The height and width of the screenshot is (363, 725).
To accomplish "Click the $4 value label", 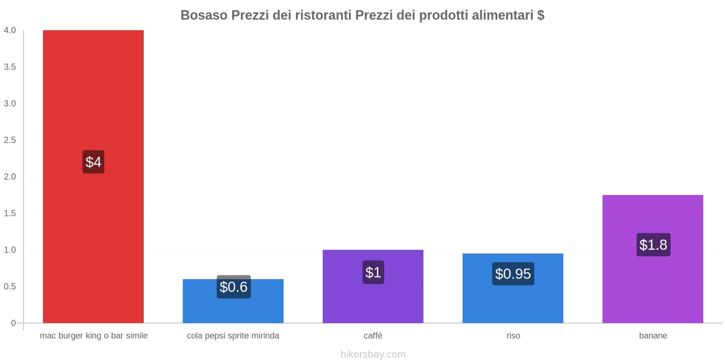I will pos(93,162).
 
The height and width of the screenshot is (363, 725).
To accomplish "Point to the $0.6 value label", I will pos(233,287).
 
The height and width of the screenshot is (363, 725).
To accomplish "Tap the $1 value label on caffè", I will pos(373,272).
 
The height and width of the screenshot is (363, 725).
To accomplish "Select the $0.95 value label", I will pos(513,274).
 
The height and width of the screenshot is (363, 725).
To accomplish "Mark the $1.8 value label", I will pos(653,245).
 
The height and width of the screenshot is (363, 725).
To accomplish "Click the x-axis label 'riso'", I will pos(513,336).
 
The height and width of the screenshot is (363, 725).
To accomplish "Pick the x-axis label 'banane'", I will pos(653,336).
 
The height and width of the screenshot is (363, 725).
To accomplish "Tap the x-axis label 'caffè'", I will pos(373,336).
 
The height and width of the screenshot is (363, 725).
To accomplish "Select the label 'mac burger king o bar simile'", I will pos(93,336).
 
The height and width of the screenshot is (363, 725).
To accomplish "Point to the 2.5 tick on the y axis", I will pos(10,140).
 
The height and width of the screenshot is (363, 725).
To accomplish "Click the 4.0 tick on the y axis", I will pos(10,30).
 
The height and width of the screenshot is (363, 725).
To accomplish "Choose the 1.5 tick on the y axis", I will pos(10,213).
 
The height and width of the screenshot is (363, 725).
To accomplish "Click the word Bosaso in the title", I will pos(204,15).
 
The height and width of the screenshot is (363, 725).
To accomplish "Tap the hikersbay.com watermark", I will pos(373,354).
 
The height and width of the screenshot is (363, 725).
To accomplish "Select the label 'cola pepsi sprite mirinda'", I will pos(233,336).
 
